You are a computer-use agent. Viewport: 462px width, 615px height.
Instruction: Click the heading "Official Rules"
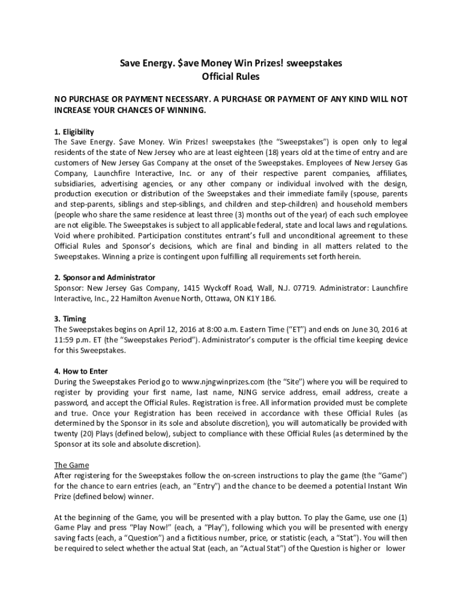pos(231,77)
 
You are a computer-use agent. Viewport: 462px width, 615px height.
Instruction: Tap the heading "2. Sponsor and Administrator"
pos(104,277)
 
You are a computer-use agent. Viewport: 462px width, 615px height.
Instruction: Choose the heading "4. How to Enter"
pos(81,371)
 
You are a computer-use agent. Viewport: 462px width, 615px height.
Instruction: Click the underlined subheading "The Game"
pos(71,465)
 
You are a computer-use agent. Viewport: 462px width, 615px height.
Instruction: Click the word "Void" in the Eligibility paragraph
pos(64,236)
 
